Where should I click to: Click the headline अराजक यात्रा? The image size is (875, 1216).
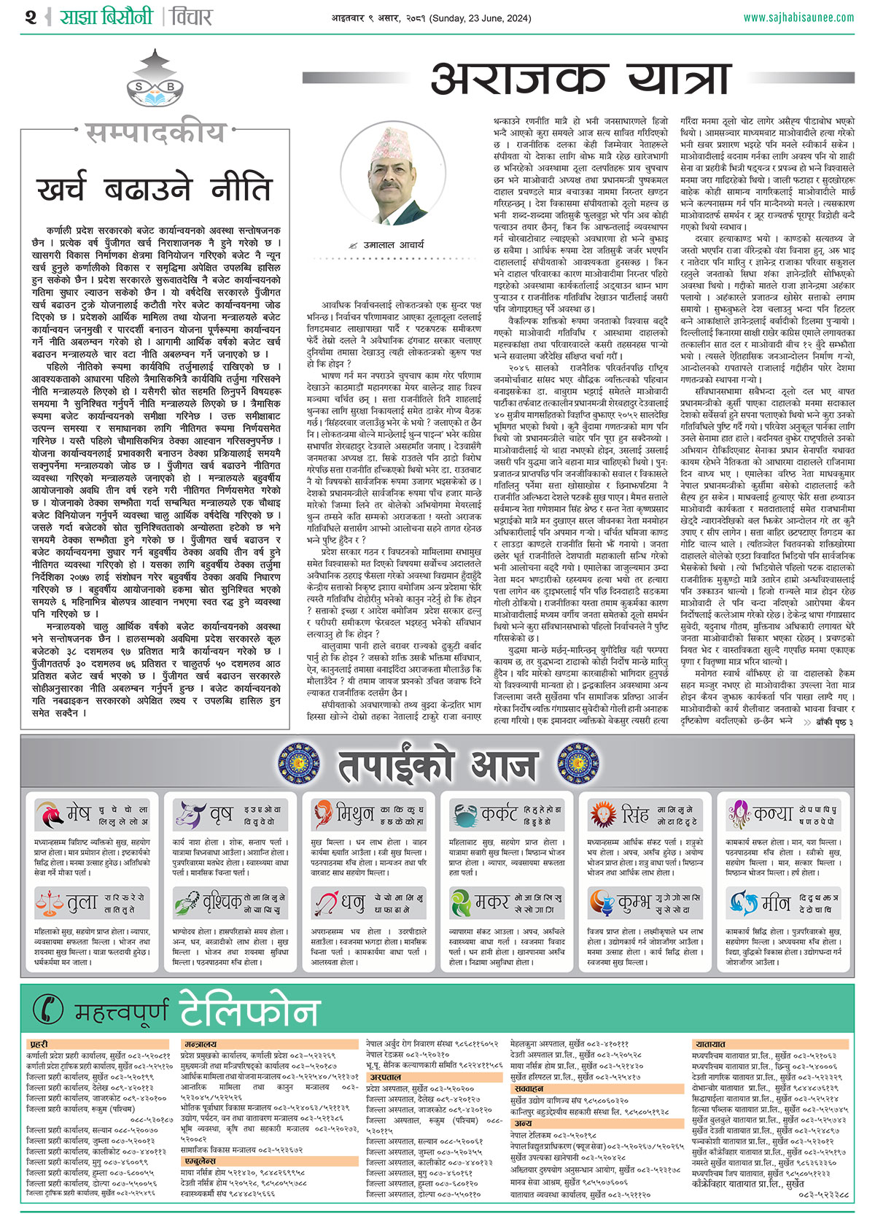pyautogui.click(x=580, y=79)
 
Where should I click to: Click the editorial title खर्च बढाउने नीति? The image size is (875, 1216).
pyautogui.click(x=155, y=189)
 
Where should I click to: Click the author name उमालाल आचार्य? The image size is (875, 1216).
pyautogui.click(x=394, y=245)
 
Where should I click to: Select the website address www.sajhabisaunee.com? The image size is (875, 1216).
pyautogui.click(x=798, y=18)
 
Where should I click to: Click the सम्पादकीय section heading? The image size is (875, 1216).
pyautogui.click(x=155, y=133)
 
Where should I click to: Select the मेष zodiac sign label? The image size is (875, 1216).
pyautogui.click(x=78, y=814)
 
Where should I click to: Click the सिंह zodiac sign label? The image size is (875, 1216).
pyautogui.click(x=634, y=814)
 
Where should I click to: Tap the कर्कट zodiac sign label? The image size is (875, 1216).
pyautogui.click(x=499, y=814)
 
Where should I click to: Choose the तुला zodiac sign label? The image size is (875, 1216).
pyautogui.click(x=82, y=903)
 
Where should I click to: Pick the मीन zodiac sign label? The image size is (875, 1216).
pyautogui.click(x=775, y=903)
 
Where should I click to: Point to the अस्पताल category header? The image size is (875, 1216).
pyautogui.click(x=386, y=1077)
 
